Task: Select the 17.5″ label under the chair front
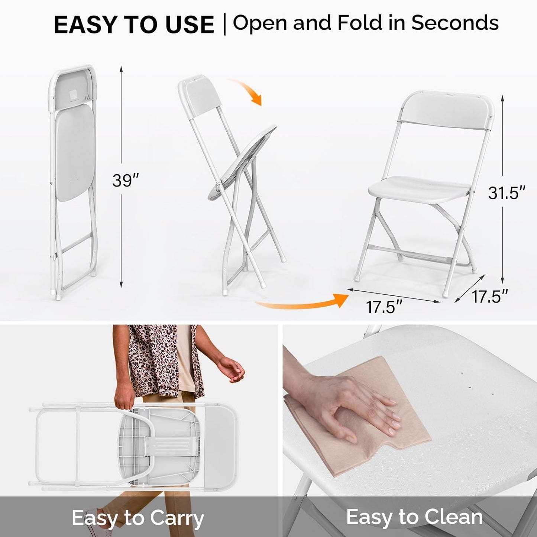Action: coord(384,307)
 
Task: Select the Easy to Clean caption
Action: coord(414,517)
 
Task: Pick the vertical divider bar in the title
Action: coord(224,25)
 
